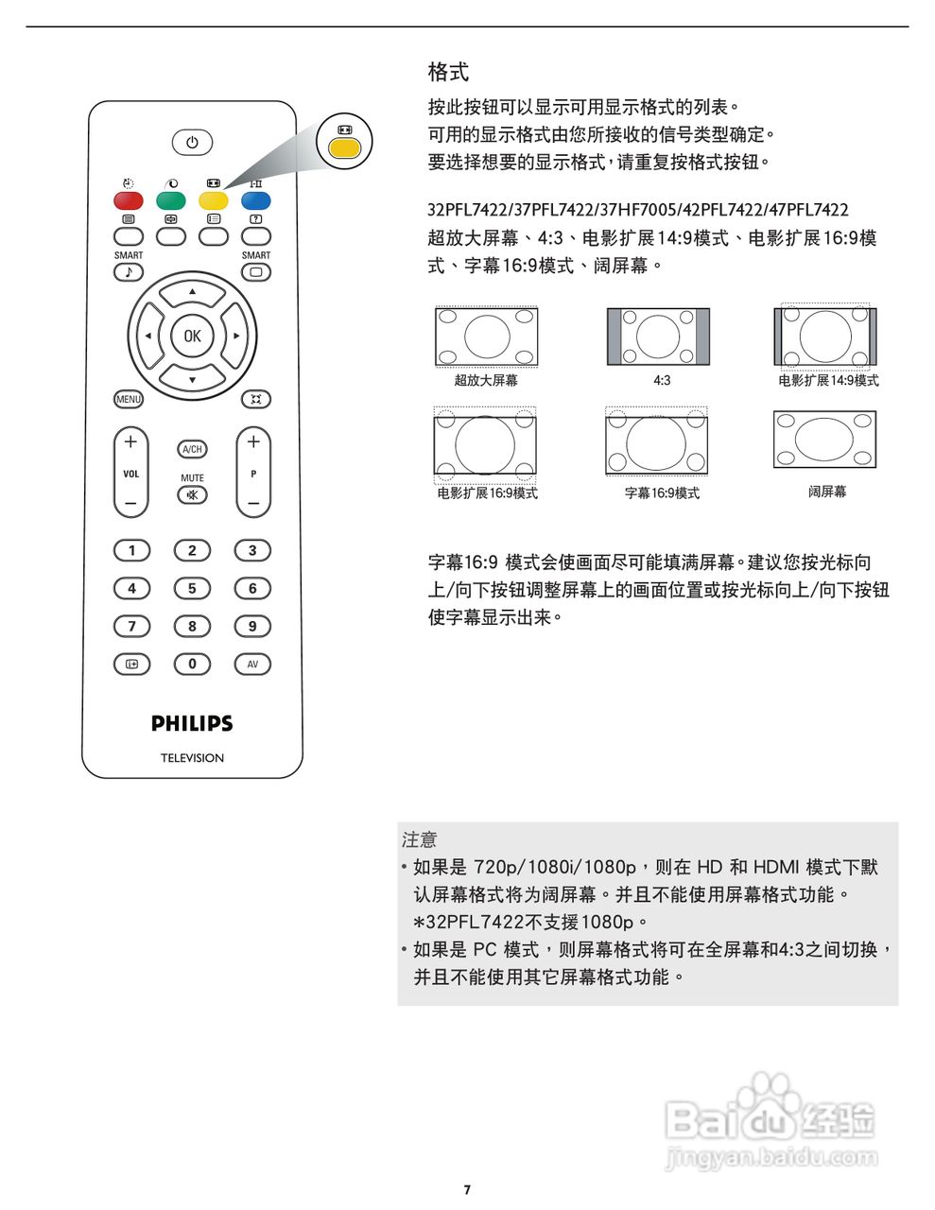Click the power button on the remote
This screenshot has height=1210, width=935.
(192, 143)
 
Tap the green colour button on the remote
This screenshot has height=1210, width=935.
(170, 200)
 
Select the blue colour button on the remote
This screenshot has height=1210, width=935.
(255, 200)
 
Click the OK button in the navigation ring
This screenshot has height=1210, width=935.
(192, 336)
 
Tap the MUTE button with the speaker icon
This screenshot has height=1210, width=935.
(192, 495)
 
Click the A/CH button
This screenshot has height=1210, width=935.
(192, 449)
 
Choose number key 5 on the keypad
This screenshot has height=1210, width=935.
(192, 588)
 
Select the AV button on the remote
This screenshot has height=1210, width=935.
(252, 664)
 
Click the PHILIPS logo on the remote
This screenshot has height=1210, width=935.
(192, 723)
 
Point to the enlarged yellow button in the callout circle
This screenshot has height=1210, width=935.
(344, 148)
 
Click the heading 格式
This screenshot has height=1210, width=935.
(448, 72)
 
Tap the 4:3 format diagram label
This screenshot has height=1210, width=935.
(662, 380)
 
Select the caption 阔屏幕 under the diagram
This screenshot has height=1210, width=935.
(827, 492)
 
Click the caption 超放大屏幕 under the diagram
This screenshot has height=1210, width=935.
(486, 380)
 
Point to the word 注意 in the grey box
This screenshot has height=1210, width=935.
(420, 839)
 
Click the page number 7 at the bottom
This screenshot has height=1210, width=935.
(467, 1189)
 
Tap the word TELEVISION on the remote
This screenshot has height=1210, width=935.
(192, 758)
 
